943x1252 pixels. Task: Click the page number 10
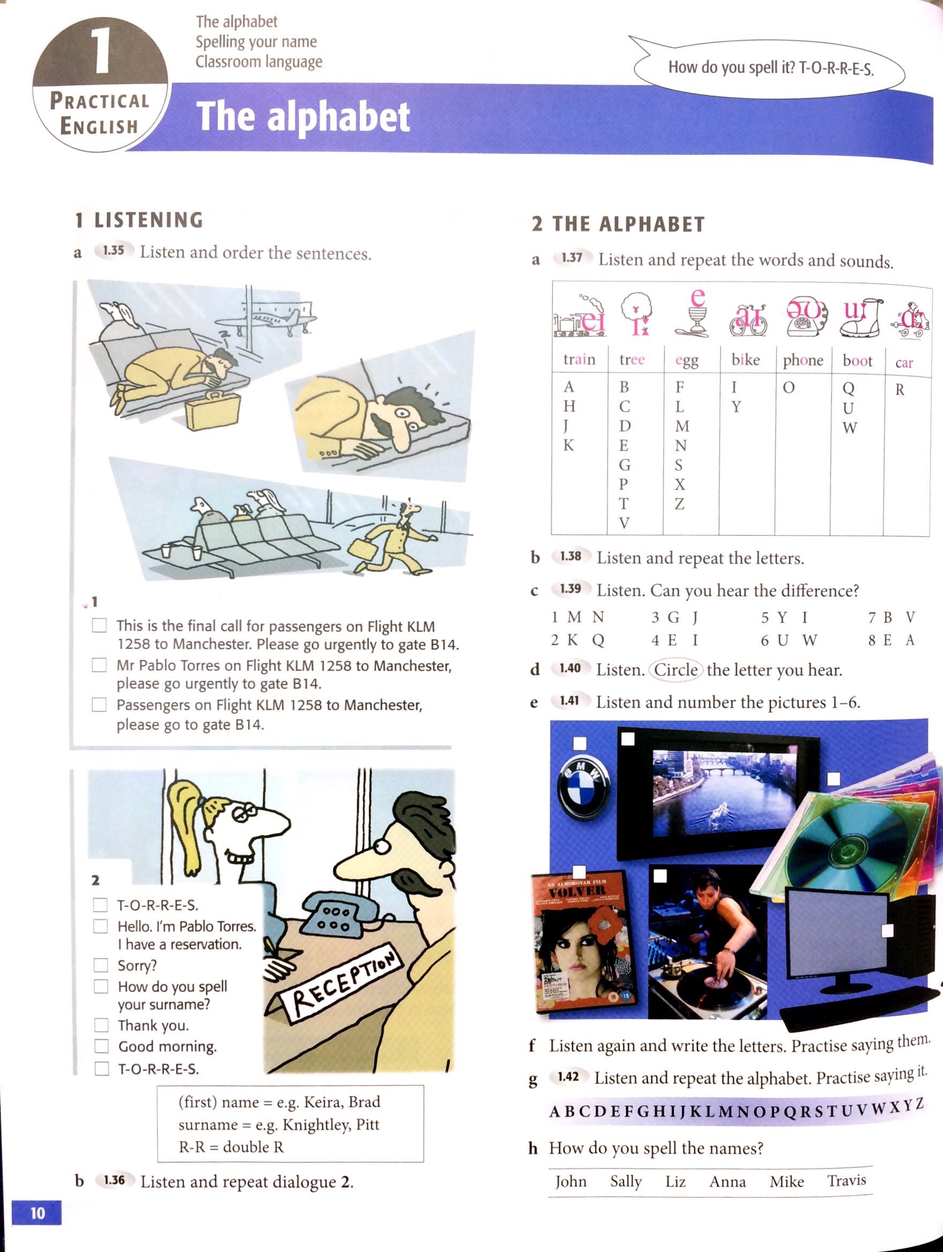tap(37, 1212)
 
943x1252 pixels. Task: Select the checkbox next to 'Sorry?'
tap(101, 965)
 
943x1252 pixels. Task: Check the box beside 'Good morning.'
tap(101, 1046)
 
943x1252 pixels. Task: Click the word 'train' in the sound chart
tap(579, 360)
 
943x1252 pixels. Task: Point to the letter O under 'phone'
tap(789, 387)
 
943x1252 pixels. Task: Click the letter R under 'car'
tap(900, 390)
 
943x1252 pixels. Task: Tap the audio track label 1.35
tap(114, 251)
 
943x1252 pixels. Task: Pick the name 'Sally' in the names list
tap(626, 1181)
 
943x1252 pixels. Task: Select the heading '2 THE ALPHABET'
tap(618, 224)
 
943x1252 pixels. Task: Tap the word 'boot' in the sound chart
tap(857, 361)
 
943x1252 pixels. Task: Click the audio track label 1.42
tap(568, 1076)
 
